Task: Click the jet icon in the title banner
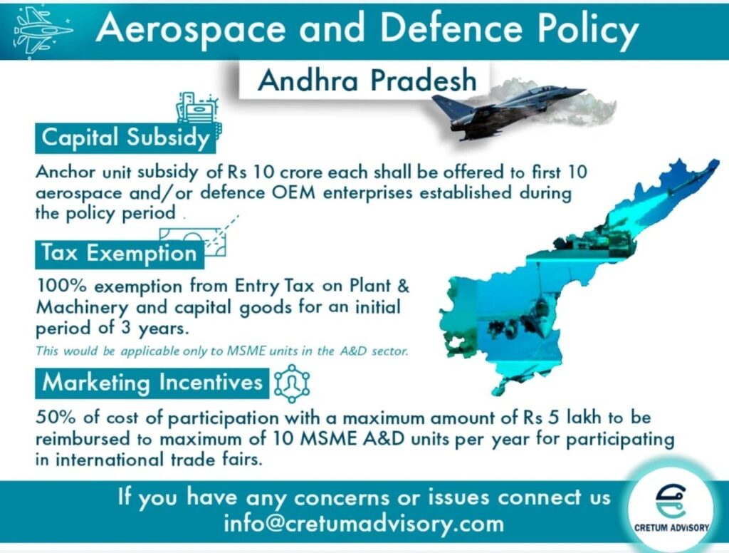tap(43, 31)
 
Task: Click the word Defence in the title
tap(451, 28)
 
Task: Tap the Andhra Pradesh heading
tap(367, 80)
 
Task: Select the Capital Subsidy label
tap(125, 138)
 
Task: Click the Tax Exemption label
tap(120, 254)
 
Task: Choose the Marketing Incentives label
tap(152, 383)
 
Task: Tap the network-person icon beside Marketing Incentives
tap(292, 383)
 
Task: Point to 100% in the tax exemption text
tap(63, 285)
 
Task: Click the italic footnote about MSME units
tap(222, 351)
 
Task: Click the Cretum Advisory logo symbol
tap(671, 501)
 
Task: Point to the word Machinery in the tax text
tap(82, 308)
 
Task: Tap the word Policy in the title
tap(588, 30)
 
